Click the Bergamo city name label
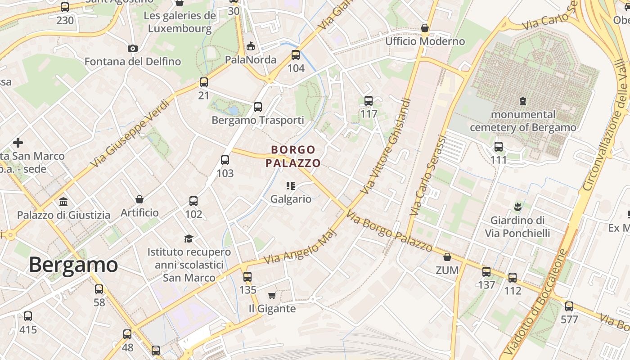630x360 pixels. (73, 265)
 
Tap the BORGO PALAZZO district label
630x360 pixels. (293, 156)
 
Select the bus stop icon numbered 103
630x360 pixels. (225, 160)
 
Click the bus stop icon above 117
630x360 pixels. (369, 101)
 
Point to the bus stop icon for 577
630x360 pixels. (569, 307)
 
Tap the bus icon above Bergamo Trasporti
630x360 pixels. (258, 107)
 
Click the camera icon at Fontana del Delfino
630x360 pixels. (133, 48)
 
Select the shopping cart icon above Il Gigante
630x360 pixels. (272, 296)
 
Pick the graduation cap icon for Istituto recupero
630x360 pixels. (189, 238)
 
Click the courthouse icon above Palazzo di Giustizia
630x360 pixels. (63, 202)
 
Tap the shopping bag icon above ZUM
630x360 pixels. (447, 257)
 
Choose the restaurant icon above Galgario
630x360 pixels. (291, 185)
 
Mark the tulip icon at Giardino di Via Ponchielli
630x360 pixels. (517, 207)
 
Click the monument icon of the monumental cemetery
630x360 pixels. (523, 101)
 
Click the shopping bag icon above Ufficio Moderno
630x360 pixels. (424, 28)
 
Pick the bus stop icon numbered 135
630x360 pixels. (247, 277)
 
